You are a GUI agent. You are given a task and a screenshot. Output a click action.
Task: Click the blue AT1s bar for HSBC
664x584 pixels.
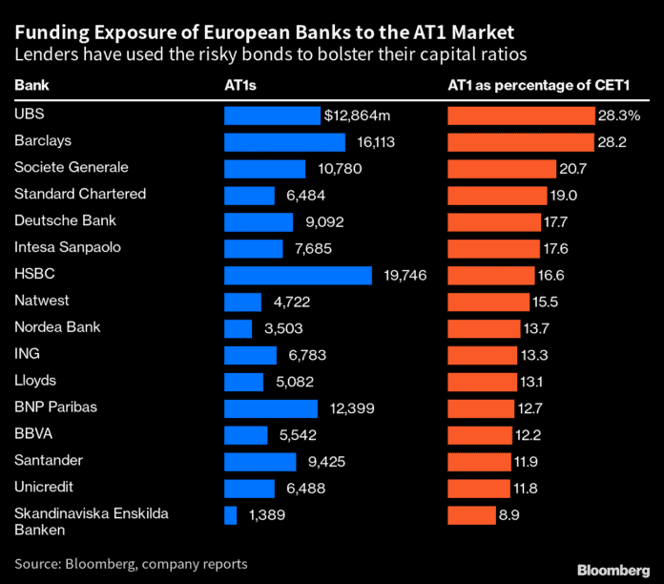coord(298,275)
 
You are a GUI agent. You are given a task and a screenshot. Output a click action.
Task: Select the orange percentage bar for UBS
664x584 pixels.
coord(521,115)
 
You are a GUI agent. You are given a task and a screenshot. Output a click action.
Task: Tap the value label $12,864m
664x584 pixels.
coord(359,115)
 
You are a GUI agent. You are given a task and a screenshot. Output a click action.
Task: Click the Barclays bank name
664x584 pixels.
coord(43,141)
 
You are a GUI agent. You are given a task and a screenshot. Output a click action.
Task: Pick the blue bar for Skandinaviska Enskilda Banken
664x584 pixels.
coord(230,515)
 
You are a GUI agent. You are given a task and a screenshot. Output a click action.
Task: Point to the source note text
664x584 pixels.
coord(131,564)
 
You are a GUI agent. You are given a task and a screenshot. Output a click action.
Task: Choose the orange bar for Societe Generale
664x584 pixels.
coord(501,169)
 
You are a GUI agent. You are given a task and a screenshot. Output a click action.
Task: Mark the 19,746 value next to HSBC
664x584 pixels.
coord(400,276)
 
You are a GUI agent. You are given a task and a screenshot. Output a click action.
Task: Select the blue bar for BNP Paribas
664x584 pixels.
coord(271,408)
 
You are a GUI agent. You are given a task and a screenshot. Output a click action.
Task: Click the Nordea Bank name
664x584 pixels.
coord(57,328)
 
